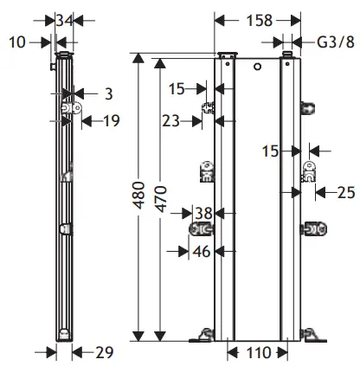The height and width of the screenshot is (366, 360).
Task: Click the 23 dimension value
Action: click(x=170, y=121)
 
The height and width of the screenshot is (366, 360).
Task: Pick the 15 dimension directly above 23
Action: click(x=177, y=87)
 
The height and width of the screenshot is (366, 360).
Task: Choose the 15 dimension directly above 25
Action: click(x=270, y=151)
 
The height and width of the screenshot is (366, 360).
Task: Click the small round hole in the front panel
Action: click(x=257, y=67)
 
